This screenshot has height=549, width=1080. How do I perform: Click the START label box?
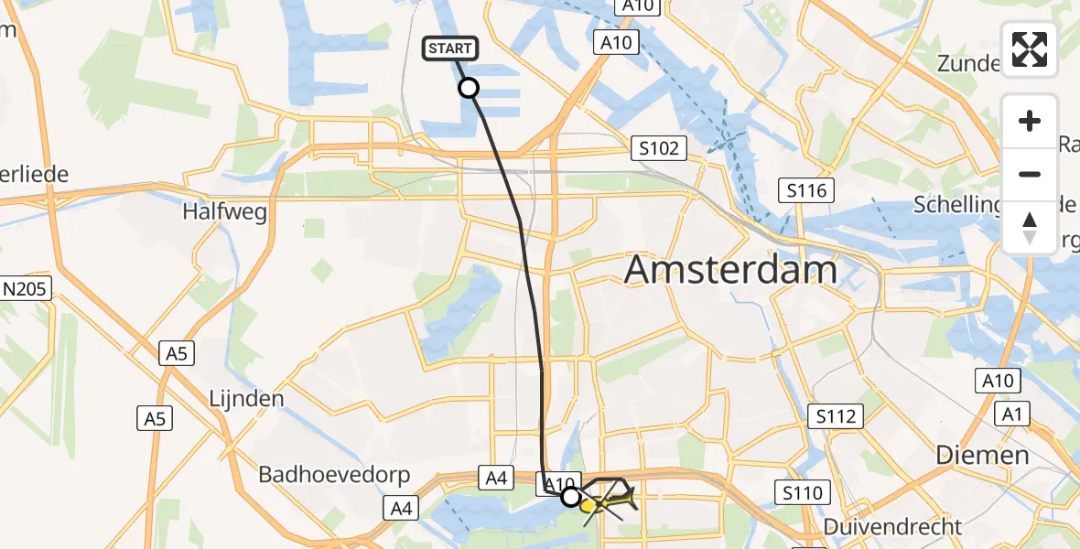coord(449,48)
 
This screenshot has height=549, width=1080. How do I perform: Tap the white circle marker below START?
coord(468,88)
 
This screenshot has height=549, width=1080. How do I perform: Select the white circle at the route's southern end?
coord(571,497)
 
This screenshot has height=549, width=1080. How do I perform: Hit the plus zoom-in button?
coord(1030,122)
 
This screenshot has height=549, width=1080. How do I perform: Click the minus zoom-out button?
coord(1030,174)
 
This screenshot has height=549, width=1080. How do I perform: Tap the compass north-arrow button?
coord(1030,227)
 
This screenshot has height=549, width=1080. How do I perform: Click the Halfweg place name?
coord(225,212)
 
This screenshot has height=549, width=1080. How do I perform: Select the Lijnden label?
coord(245,399)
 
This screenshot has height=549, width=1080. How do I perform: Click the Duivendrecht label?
coord(892,526)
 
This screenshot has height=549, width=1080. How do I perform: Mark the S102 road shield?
coord(658,147)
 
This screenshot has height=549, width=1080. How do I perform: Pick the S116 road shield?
coord(806,190)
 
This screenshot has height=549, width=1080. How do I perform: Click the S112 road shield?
coord(837,417)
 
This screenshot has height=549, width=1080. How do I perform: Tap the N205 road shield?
coord(26,289)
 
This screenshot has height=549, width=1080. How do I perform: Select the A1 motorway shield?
coord(1011,414)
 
